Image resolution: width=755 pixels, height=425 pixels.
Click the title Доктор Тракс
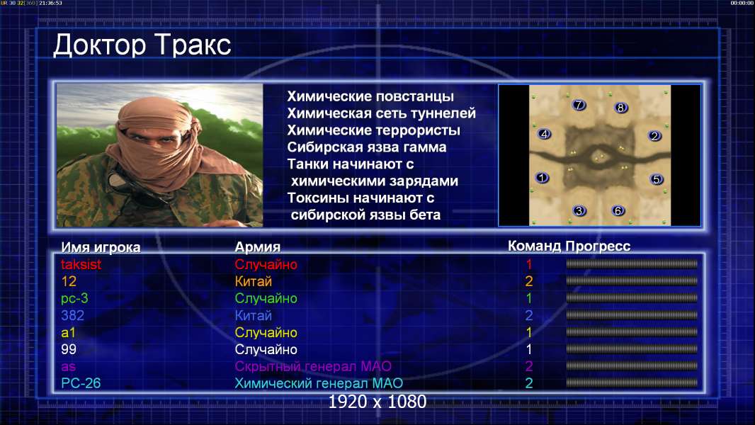[x=142, y=46]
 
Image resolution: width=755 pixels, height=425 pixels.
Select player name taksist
[x=81, y=264]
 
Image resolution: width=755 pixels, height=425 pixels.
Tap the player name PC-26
[x=81, y=383]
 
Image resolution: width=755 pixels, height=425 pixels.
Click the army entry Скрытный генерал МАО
[x=313, y=366]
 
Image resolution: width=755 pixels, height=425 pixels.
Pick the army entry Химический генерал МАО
[x=319, y=383]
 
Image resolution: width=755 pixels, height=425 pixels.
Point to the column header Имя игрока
[x=101, y=247]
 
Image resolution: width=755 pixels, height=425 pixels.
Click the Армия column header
[x=257, y=247]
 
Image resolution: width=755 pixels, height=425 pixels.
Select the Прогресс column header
[x=598, y=246]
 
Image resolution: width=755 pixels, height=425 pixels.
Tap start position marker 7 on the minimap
[x=578, y=105]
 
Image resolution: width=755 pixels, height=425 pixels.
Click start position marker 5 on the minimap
[x=656, y=179]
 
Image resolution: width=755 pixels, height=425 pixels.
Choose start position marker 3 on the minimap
[x=579, y=211]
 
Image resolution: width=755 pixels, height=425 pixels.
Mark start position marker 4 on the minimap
[x=544, y=134]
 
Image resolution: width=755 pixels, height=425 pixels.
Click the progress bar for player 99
[x=632, y=349]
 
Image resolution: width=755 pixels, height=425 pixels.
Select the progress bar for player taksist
[x=632, y=263]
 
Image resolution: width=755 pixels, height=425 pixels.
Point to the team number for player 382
[x=528, y=315]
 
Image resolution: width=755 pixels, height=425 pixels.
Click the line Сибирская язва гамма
[x=366, y=147]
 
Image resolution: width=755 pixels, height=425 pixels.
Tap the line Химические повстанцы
[x=370, y=96]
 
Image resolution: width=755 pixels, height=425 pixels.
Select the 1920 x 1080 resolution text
[x=377, y=402]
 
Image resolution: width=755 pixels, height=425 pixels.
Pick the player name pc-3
[x=74, y=298]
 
